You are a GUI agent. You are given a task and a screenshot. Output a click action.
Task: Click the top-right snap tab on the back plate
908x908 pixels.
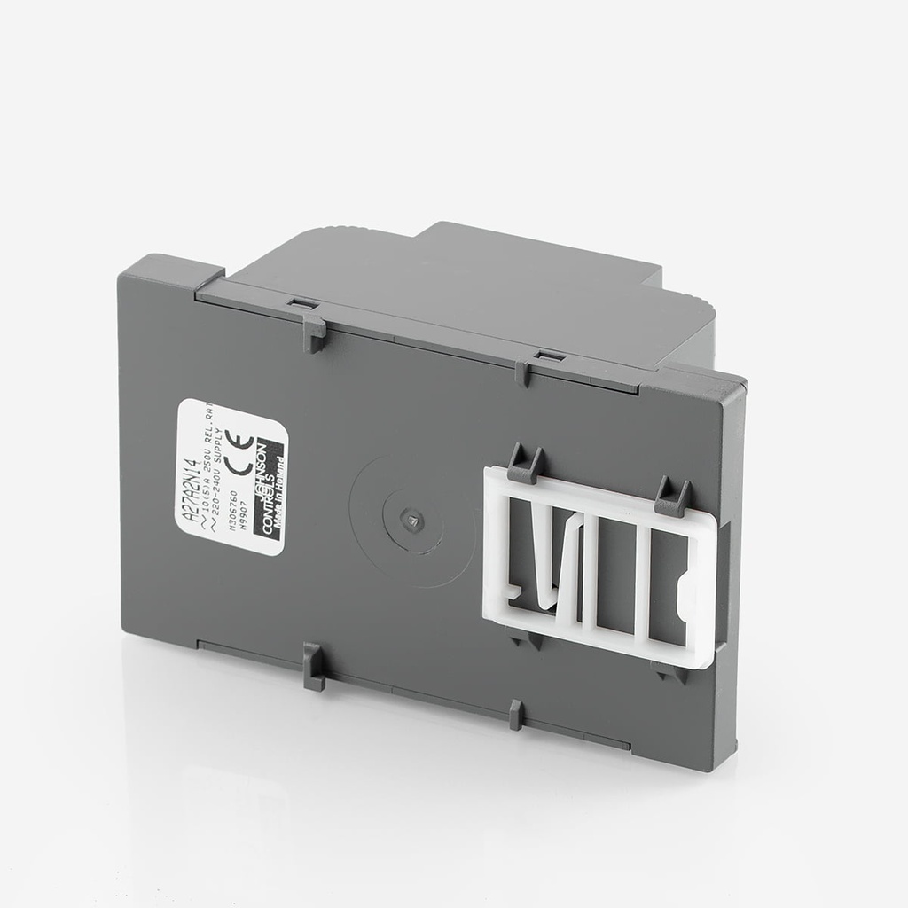coord(522,372)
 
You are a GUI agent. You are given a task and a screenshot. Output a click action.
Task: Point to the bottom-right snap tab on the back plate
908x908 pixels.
coord(516,714)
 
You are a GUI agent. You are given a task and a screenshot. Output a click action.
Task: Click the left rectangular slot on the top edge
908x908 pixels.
coord(302,303)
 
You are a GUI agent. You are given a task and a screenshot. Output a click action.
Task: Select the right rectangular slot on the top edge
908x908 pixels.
coord(548,356)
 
